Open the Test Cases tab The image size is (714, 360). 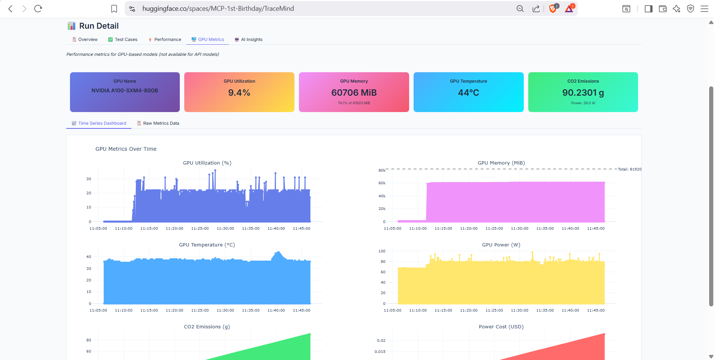pos(123,39)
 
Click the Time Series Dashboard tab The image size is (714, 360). pos(99,123)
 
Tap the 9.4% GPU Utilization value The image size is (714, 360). pos(239,93)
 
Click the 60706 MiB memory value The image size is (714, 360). pos(354,93)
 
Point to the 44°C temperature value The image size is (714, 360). pos(468,93)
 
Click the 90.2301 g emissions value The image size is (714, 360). pos(583,93)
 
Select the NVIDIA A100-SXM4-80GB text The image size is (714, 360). pos(125,90)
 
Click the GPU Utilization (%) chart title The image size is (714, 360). pos(207,163)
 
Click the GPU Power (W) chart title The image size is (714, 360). pos(501,245)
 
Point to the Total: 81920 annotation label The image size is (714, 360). pos(629,169)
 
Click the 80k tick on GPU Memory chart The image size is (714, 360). pos(382,171)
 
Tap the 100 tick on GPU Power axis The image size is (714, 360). pos(382,251)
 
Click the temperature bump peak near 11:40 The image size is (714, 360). pos(278,253)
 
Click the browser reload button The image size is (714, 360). pos(38,9)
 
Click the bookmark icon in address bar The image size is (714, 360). pos(114,9)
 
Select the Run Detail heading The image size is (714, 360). pos(99,26)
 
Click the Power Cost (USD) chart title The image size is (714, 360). pos(501,327)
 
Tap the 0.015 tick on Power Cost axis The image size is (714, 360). pos(380,352)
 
